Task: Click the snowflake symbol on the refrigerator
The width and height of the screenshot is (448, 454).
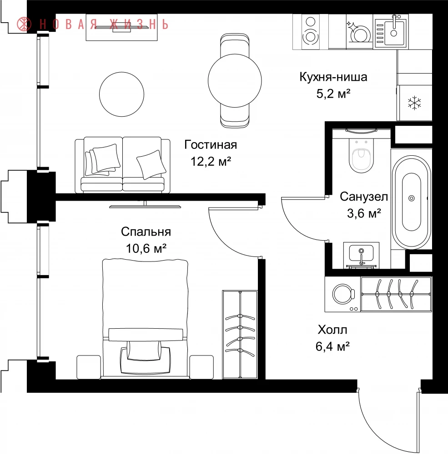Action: tap(414, 103)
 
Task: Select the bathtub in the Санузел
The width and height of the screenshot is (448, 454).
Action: tap(412, 202)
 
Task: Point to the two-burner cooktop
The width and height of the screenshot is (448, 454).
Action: tap(311, 32)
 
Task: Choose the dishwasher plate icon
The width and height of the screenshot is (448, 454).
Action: tap(359, 32)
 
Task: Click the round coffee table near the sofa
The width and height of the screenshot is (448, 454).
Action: tap(121, 94)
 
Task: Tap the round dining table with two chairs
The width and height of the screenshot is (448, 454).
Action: tap(235, 80)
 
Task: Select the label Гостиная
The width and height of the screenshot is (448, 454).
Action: tap(211, 145)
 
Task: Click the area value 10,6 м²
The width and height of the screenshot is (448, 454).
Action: tap(146, 248)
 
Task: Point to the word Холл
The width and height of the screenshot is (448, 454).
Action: tap(332, 330)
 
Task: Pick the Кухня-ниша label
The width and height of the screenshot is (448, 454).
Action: tap(333, 77)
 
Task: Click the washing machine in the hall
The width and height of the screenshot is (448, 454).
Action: tap(342, 294)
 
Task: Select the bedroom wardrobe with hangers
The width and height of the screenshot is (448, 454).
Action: tap(240, 335)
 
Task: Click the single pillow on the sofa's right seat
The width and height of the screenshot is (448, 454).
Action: tap(151, 164)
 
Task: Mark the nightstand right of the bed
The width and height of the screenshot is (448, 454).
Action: tap(201, 367)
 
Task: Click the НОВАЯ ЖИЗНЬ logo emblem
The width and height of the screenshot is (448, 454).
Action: tap(24, 24)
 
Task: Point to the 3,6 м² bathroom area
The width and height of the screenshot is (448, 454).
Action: tap(364, 213)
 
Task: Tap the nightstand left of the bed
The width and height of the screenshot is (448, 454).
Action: tap(89, 367)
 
